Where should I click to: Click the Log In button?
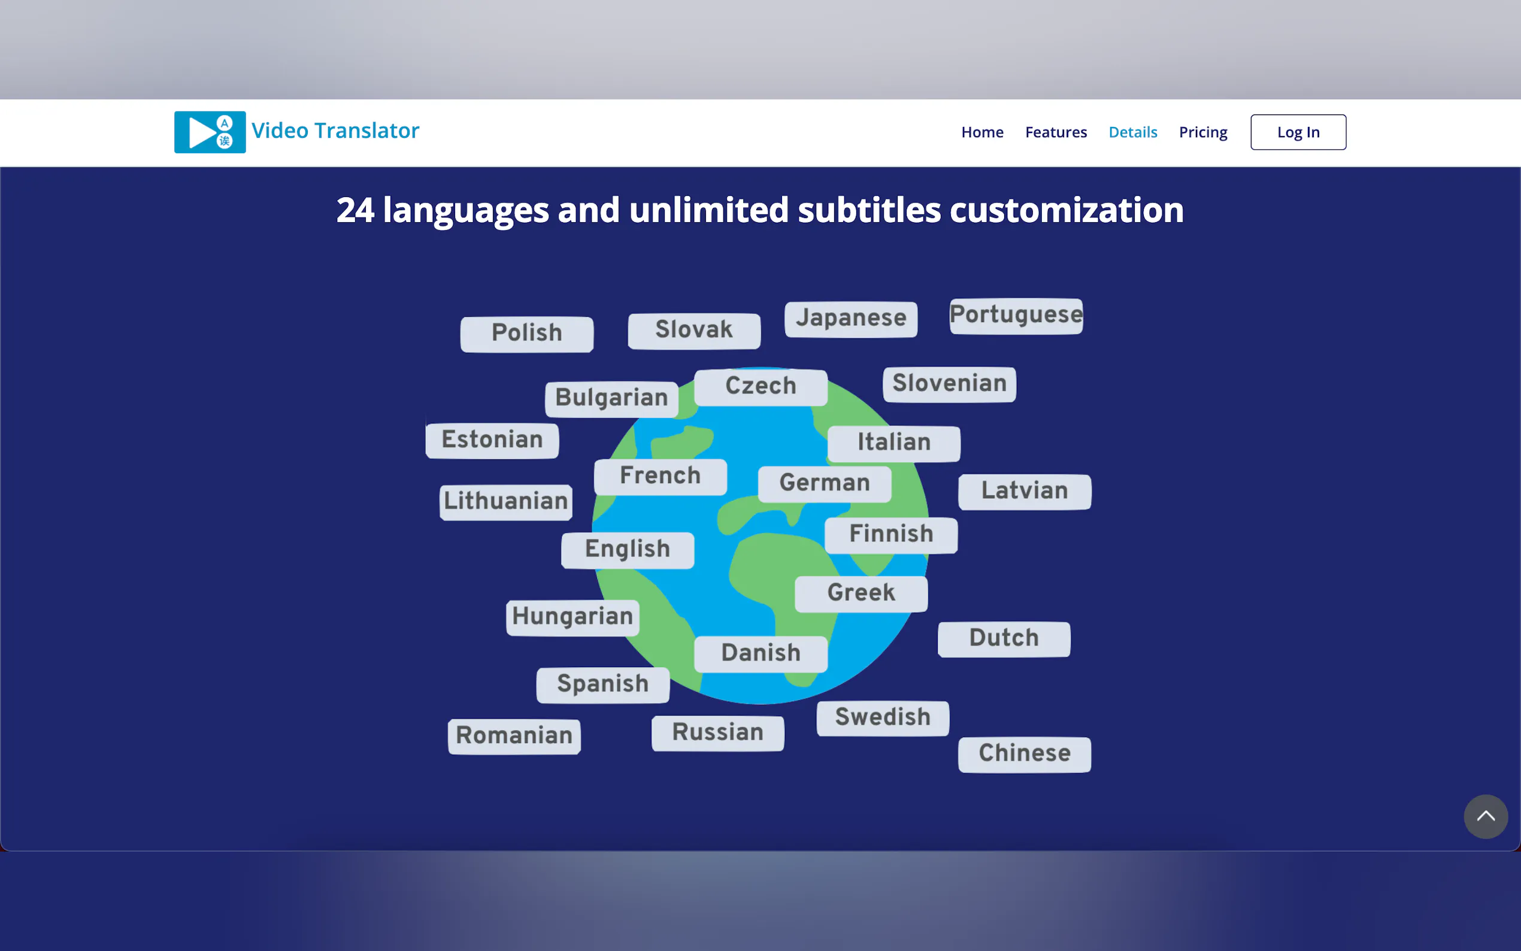tap(1298, 132)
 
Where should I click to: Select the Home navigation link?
tap(982, 132)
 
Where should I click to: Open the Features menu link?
tap(1056, 132)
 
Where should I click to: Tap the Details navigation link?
tap(1132, 132)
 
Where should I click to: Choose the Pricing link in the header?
tap(1203, 133)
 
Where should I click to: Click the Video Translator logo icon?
tap(210, 132)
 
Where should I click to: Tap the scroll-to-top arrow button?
tap(1485, 816)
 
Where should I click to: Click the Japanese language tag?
tap(851, 319)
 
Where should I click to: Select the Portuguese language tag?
tap(1016, 316)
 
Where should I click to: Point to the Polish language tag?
tap(527, 334)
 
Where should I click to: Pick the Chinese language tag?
tap(1024, 754)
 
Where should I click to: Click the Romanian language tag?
tap(514, 736)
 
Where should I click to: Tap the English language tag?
tap(628, 550)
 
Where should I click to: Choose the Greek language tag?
tap(861, 593)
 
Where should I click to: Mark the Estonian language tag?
tap(492, 440)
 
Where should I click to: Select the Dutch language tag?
tap(1004, 639)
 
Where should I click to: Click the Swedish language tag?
tap(883, 718)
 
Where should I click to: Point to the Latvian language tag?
tap(1024, 492)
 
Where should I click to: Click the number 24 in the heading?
tap(355, 210)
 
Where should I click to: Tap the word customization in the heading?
tap(1066, 210)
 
